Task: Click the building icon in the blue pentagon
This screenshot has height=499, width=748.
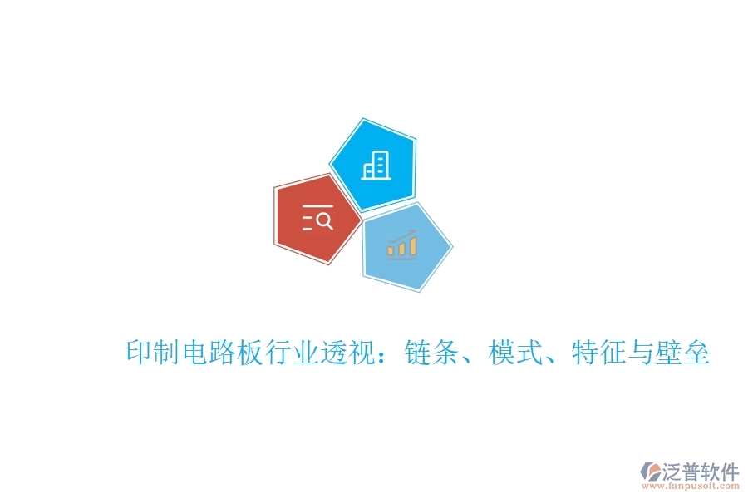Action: click(375, 166)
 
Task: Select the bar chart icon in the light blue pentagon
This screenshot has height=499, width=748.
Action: click(402, 243)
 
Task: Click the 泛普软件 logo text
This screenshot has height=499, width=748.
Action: click(700, 472)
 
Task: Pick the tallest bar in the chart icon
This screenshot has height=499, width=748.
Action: click(412, 244)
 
